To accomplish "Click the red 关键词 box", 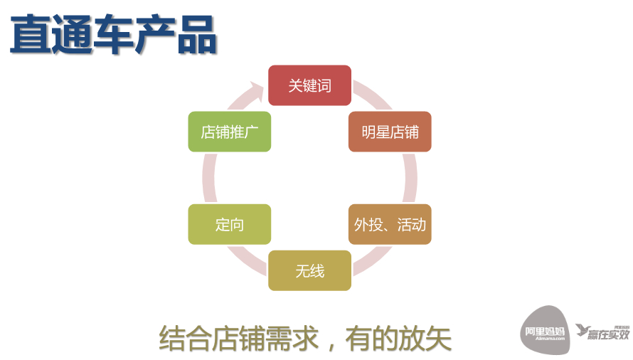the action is (x=309, y=85).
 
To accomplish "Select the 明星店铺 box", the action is (x=390, y=132).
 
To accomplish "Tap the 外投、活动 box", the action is (x=390, y=225).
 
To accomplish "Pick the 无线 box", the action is (x=309, y=270).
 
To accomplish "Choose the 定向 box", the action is (x=229, y=225).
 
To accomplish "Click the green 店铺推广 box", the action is (x=229, y=132).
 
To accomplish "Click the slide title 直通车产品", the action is (x=114, y=36).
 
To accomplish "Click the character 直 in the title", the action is (x=31, y=36).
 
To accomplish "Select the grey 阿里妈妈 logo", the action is (x=545, y=329).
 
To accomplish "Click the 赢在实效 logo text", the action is (x=609, y=334).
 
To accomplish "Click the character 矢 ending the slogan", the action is (x=439, y=338).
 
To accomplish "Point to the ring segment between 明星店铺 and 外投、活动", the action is (x=410, y=178).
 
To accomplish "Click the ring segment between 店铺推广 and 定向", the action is (x=208, y=178).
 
